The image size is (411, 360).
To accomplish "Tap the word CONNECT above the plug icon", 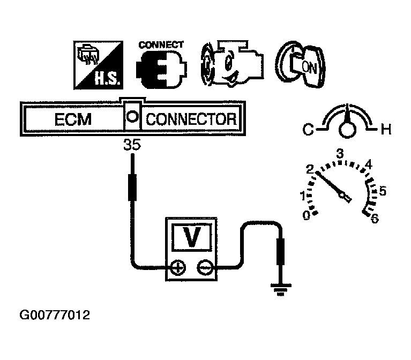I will [x=161, y=45].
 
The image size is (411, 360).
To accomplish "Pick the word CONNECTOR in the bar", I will [x=191, y=119].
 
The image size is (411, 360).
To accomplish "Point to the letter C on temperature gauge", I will [x=308, y=129].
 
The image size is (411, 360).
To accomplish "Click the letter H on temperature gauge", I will [x=385, y=129].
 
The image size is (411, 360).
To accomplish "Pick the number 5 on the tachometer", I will [x=383, y=191].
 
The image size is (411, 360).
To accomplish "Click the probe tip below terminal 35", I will [x=131, y=185].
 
